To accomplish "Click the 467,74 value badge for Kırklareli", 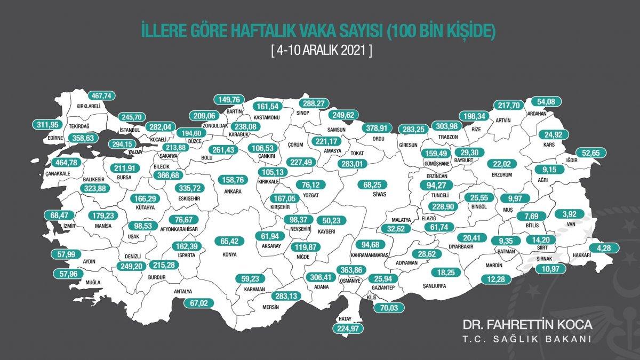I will pos(102,96).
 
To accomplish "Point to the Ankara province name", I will pos(233,191).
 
